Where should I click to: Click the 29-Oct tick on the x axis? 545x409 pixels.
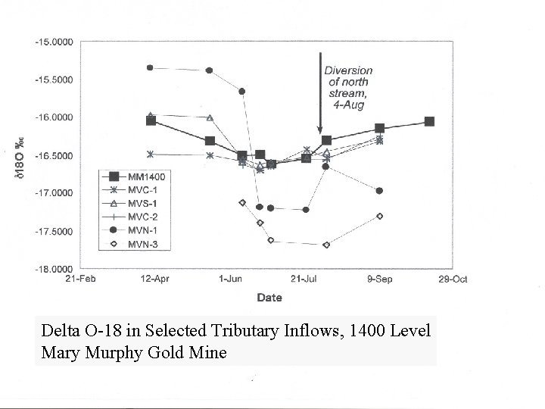tap(454, 279)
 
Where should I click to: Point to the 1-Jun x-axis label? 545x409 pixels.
tap(230, 279)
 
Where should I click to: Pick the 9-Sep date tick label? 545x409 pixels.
tap(379, 279)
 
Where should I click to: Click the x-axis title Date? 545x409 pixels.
tap(269, 298)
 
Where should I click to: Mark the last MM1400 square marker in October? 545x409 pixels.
tap(429, 122)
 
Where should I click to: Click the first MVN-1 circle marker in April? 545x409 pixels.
tap(150, 67)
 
